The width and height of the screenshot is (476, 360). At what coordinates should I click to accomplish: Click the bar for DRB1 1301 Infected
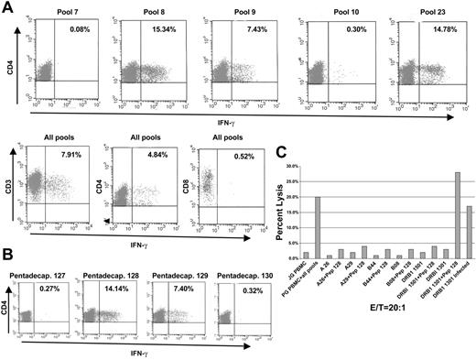pyautogui.click(x=469, y=231)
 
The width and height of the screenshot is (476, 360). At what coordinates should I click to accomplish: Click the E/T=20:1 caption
pyautogui.click(x=387, y=347)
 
